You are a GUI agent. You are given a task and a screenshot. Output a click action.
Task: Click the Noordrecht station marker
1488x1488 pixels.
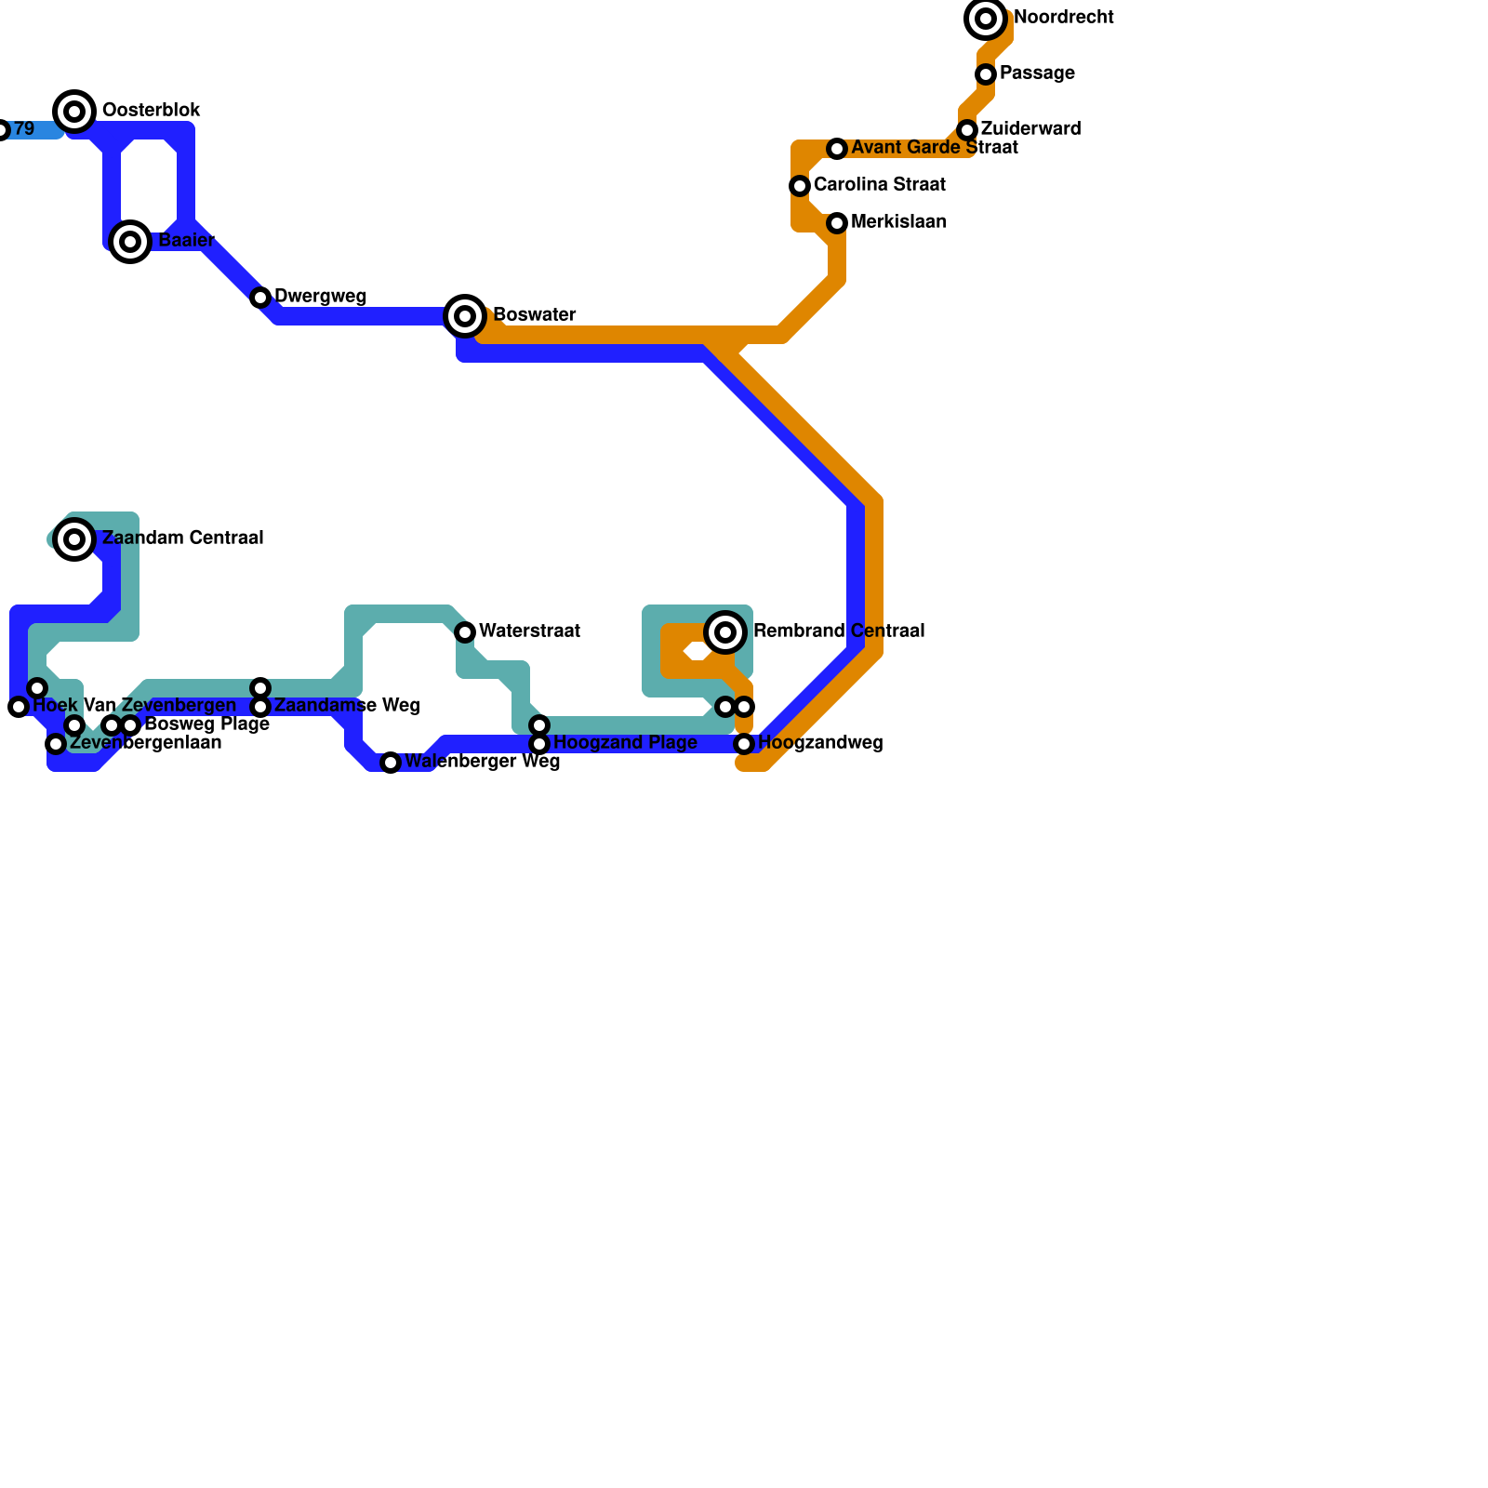pyautogui.click(x=986, y=19)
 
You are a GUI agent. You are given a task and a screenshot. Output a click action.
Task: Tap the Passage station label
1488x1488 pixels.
pyautogui.click(x=1037, y=73)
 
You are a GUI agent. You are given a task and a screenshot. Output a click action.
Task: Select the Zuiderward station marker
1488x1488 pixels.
pyautogui.click(x=967, y=130)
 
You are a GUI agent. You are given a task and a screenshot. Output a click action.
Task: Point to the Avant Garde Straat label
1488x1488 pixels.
pyautogui.click(x=934, y=148)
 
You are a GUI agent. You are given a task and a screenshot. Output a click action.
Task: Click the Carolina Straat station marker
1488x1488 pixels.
pyautogui.click(x=800, y=186)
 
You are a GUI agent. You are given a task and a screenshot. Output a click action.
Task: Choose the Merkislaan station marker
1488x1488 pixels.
pyautogui.click(x=837, y=223)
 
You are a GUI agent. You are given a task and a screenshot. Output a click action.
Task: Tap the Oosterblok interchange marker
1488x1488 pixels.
pyautogui.click(x=75, y=112)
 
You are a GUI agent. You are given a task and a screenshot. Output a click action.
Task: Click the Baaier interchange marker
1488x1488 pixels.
pyautogui.click(x=131, y=242)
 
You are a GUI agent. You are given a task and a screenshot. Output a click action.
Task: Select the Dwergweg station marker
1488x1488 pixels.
pyautogui.click(x=260, y=298)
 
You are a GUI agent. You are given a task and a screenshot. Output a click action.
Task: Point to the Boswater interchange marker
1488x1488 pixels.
pyautogui.click(x=465, y=316)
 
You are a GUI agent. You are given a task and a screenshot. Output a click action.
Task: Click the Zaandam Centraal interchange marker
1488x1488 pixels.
pyautogui.click(x=75, y=539)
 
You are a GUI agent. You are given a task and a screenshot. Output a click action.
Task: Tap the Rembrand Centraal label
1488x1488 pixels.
pyautogui.click(x=838, y=631)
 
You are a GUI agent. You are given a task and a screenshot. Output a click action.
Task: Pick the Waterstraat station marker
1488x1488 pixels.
pyautogui.click(x=465, y=632)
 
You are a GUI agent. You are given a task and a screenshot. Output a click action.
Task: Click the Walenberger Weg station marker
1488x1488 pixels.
pyautogui.click(x=391, y=763)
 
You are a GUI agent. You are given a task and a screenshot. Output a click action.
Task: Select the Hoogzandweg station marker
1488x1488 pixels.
pyautogui.click(x=744, y=744)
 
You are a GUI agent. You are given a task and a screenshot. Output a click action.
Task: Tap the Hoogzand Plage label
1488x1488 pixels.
pyautogui.click(x=625, y=743)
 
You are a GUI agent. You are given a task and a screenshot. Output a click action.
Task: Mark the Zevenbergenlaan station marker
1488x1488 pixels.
pyautogui.click(x=56, y=744)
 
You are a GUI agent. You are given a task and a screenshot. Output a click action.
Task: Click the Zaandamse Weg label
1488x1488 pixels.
pyautogui.click(x=346, y=706)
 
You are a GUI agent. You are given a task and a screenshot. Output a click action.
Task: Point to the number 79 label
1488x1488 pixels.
pyautogui.click(x=24, y=129)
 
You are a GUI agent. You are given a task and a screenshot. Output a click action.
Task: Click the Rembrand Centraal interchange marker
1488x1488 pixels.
pyautogui.click(x=725, y=632)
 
